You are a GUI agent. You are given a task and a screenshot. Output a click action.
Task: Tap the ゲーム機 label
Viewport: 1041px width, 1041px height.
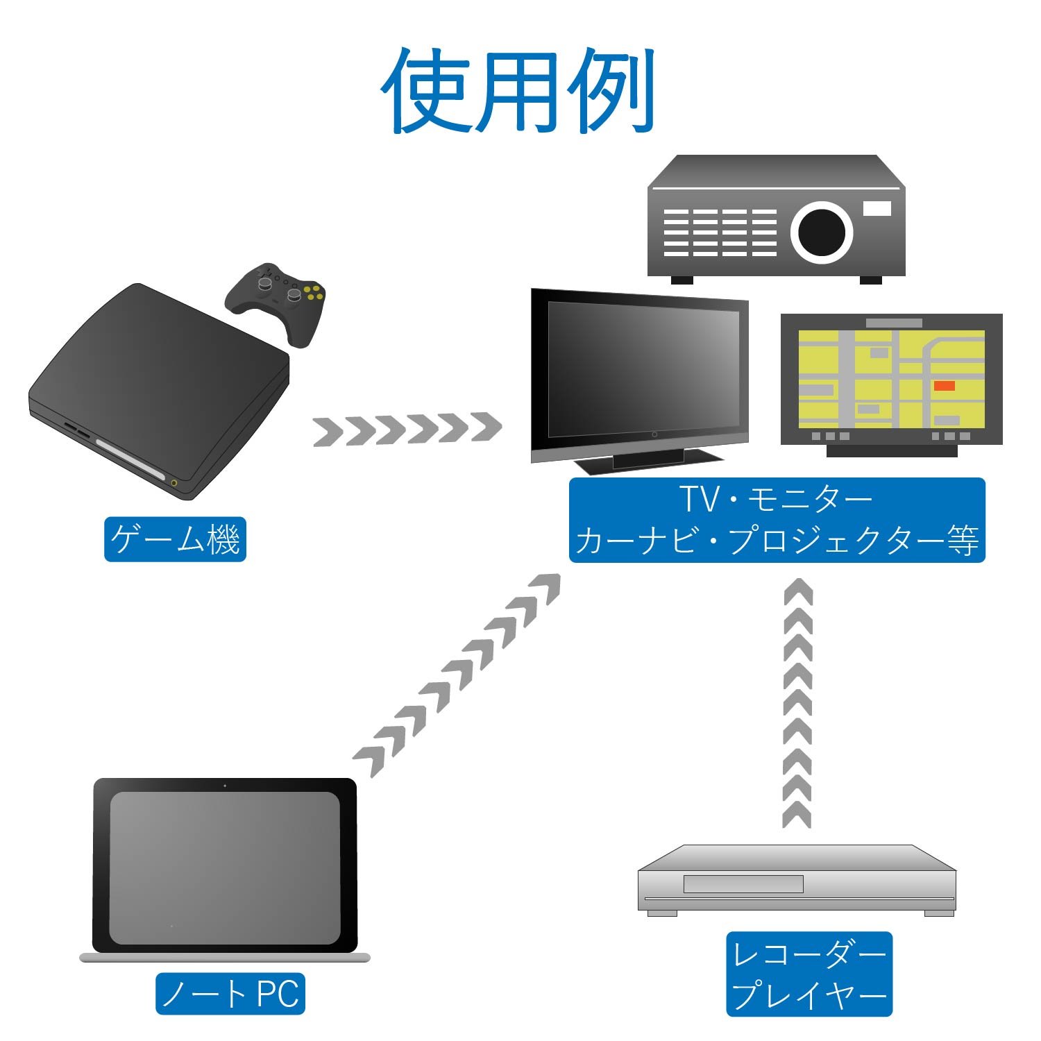click(x=175, y=539)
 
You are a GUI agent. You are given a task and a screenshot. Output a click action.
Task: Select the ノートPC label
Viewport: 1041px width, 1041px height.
click(x=230, y=993)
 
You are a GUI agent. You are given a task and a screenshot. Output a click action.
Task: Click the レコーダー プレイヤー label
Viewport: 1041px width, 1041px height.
click(x=809, y=974)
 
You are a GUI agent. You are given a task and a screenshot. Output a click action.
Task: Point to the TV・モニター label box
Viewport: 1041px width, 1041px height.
click(x=777, y=520)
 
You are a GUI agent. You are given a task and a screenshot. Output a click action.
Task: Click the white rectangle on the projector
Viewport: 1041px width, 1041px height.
click(x=877, y=208)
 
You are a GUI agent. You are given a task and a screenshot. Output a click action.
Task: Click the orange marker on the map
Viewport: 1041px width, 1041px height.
click(x=944, y=386)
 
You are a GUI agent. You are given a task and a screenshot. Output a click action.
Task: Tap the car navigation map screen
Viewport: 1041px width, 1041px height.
click(x=891, y=378)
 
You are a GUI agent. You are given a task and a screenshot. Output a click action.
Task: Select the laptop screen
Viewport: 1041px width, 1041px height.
click(x=225, y=867)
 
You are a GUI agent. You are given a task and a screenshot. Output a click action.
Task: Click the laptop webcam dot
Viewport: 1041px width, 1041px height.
click(x=225, y=786)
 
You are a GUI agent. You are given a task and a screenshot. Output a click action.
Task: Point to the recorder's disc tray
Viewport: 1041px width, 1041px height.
click(x=743, y=883)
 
